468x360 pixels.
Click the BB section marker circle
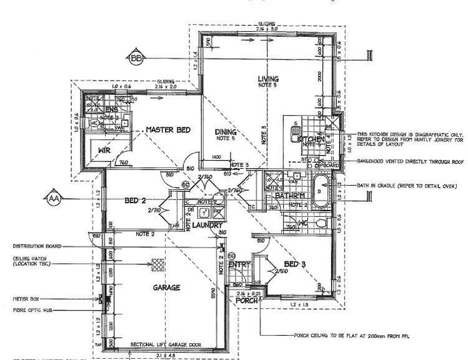(136, 59)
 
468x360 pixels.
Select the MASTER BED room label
(168, 130)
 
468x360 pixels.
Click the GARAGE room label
(166, 288)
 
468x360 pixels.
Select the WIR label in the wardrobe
(102, 149)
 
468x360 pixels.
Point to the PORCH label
(247, 301)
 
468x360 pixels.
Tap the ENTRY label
(240, 265)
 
